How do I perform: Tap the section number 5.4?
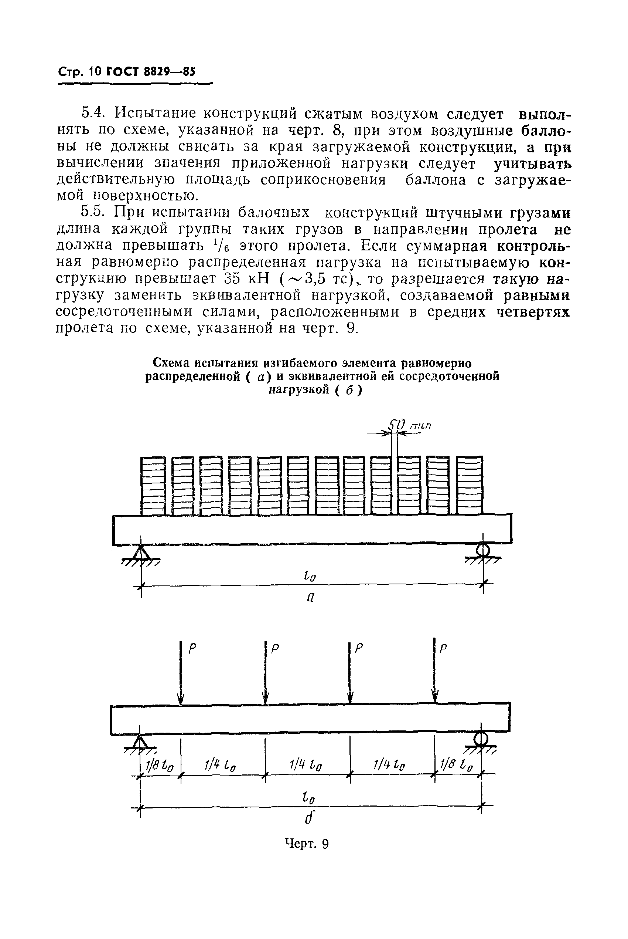93,114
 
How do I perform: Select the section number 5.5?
93,213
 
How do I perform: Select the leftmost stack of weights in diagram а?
153,485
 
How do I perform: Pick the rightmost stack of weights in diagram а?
470,485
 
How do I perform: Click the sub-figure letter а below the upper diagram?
310,597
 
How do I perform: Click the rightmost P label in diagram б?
443,648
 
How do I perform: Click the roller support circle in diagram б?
481,738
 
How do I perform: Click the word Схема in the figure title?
171,363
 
